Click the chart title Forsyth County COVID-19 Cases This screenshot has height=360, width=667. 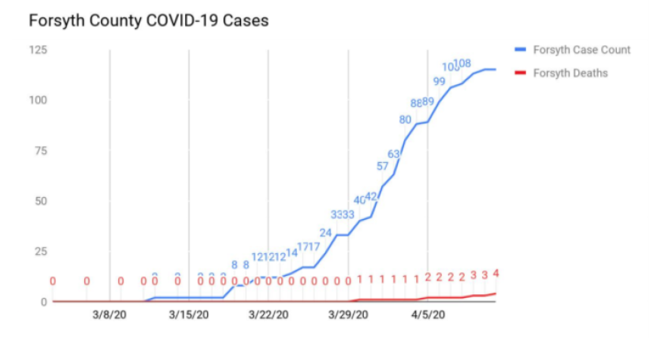coord(148,21)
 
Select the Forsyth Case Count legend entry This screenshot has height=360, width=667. coord(581,50)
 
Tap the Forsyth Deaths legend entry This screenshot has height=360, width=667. coord(570,73)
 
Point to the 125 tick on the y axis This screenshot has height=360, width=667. coord(39,50)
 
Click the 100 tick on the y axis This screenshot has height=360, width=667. coord(39,100)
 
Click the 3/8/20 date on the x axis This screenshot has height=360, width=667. coord(110,315)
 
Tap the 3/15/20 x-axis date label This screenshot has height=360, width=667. coord(189,315)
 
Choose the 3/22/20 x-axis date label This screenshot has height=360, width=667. coord(268,315)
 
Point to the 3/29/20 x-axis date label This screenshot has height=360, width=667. coord(348,315)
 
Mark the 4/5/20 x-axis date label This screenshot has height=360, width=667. coord(427,315)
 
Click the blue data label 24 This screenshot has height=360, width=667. coord(326,233)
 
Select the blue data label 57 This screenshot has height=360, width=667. coord(383,166)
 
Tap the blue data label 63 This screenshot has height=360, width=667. coord(394,154)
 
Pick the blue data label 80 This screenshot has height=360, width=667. coord(406,119)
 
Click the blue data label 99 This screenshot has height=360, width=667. coord(440,82)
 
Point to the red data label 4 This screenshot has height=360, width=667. coord(496,274)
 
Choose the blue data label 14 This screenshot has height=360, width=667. coord(292,252)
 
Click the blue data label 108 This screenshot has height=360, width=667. coord(463,63)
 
